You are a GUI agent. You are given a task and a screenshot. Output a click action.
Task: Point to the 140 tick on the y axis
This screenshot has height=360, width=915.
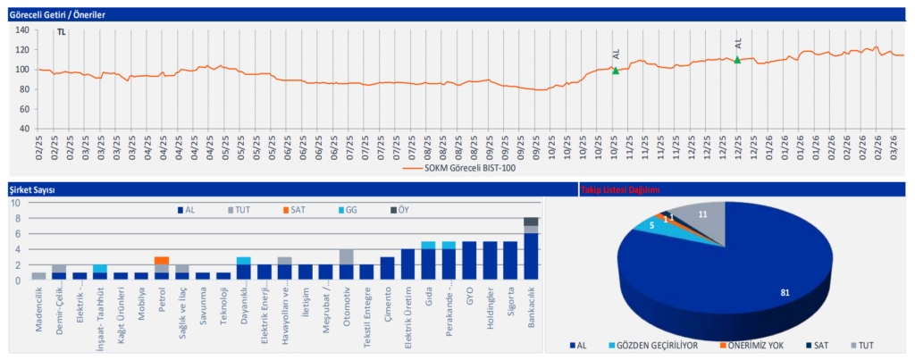pos(22,29)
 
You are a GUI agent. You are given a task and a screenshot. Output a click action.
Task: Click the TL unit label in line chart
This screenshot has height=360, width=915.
pos(62,33)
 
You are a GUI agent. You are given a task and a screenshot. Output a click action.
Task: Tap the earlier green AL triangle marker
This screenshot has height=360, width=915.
pos(616,70)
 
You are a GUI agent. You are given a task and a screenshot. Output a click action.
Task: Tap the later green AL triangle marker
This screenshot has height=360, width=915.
pos(737,60)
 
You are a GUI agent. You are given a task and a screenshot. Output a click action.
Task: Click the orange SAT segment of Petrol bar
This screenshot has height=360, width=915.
pos(161,261)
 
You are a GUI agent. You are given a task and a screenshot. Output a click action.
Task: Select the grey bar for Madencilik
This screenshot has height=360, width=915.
pos(38,276)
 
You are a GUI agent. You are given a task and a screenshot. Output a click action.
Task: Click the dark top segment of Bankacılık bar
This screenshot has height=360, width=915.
pos(531,222)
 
